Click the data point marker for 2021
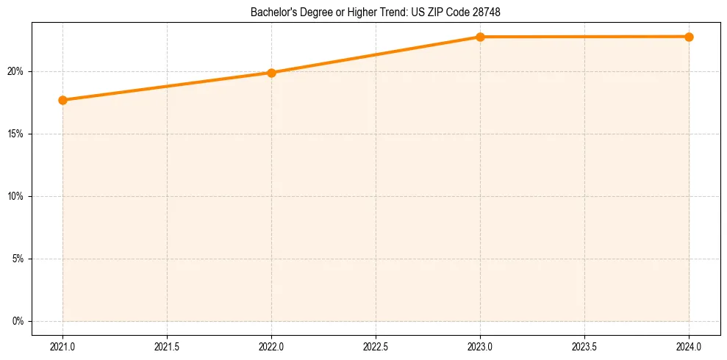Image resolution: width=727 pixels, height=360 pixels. pos(63,100)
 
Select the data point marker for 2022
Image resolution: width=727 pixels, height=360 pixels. pos(272,73)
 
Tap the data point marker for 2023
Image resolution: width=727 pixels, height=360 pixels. pos(480,37)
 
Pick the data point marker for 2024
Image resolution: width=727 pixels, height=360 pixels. pos(689,37)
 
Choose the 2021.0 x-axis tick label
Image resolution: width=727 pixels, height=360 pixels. pos(63,344)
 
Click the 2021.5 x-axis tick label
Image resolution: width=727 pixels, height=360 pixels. pos(168,344)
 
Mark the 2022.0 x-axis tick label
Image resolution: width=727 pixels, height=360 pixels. pos(272,344)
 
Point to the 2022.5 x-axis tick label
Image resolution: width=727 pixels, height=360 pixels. pos(376,344)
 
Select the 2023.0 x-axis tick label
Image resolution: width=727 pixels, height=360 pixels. pos(480,344)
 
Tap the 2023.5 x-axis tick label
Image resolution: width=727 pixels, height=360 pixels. pos(584,344)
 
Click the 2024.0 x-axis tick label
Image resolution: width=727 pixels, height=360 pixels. pos(689,344)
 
